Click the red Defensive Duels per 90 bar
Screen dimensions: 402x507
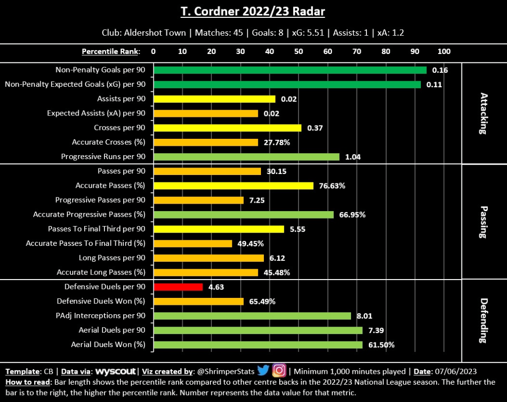[178, 287]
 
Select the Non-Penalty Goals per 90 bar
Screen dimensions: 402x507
[290, 70]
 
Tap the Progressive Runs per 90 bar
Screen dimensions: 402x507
[247, 157]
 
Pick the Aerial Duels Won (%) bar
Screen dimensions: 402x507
[258, 345]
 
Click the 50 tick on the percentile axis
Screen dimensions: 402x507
[299, 52]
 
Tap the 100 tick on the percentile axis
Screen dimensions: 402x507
[444, 52]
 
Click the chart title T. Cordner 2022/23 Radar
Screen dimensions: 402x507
[253, 11]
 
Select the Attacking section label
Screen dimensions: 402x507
[483, 113]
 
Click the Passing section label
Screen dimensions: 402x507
[483, 222]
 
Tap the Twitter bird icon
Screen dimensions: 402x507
[263, 371]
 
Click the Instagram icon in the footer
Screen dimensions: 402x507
[279, 371]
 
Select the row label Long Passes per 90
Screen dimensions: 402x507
[112, 258]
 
